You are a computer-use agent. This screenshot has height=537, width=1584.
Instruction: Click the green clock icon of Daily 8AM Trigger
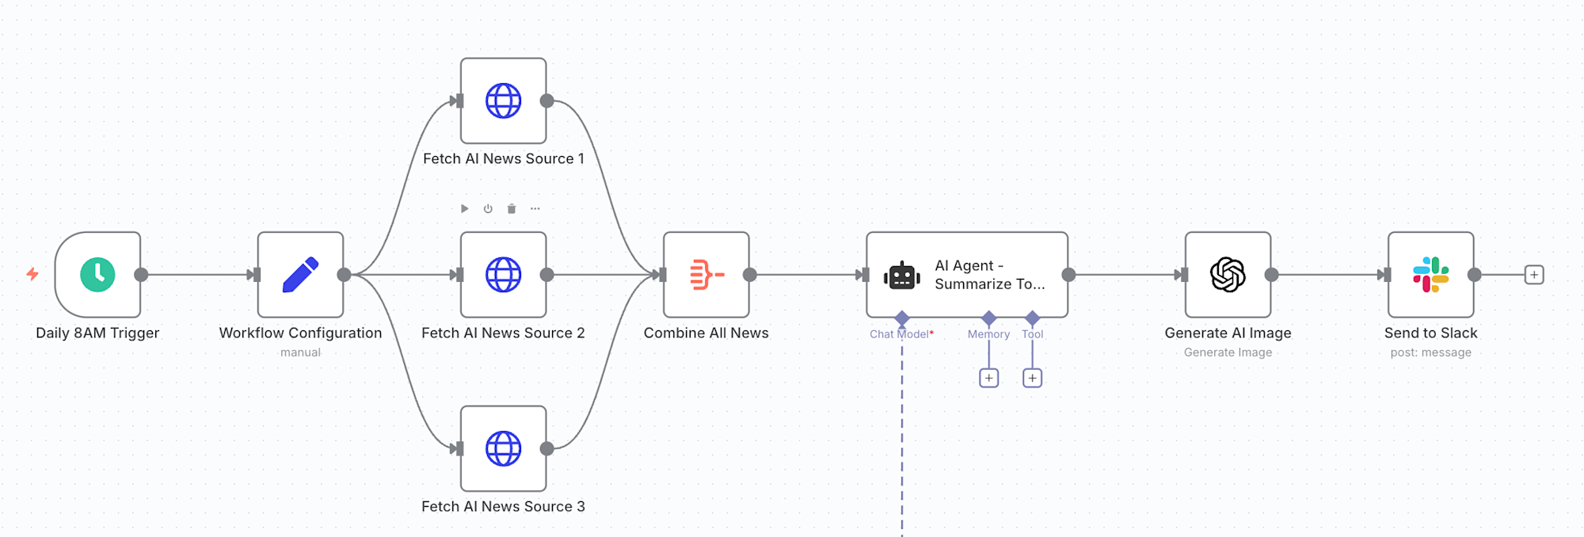(x=97, y=274)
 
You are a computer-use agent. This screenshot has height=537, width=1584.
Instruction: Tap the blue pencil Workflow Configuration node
(x=300, y=274)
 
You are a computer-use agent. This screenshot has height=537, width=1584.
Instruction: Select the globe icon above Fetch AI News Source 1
(x=503, y=101)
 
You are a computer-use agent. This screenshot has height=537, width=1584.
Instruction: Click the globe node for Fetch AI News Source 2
(x=503, y=274)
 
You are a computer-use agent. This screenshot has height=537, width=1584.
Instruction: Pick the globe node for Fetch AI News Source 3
(x=503, y=448)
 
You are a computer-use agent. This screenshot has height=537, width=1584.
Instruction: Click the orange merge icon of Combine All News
(x=706, y=274)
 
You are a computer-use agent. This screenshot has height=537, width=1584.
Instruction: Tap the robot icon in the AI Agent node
(x=902, y=276)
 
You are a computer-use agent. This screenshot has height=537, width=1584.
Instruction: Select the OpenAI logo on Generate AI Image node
(x=1228, y=274)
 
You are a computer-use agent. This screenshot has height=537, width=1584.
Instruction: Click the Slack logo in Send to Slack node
(x=1430, y=274)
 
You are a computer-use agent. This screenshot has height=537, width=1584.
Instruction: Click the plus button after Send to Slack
(x=1534, y=275)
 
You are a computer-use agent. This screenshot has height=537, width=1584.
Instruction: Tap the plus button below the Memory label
(x=988, y=378)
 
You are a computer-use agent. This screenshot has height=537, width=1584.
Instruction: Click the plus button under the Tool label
(x=1032, y=378)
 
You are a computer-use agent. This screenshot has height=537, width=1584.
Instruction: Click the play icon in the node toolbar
(x=465, y=209)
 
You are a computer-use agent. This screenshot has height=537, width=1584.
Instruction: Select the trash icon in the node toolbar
(x=512, y=209)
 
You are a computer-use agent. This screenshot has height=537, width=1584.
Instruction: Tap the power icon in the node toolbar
(x=488, y=209)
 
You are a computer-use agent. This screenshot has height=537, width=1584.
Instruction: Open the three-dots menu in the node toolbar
(x=535, y=209)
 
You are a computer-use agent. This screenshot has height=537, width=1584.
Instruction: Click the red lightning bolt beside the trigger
(x=32, y=274)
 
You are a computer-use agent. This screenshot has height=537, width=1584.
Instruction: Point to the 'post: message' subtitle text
(x=1430, y=352)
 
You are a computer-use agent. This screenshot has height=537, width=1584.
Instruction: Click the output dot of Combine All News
(x=750, y=275)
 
